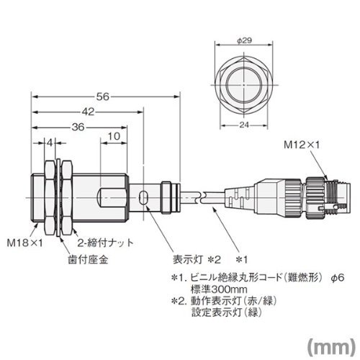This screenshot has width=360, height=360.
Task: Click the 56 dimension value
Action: click(102, 96)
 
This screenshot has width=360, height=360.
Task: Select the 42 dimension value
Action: click(88, 112)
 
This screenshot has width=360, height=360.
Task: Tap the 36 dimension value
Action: click(78, 127)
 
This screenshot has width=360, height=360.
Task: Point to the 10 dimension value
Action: click(114, 136)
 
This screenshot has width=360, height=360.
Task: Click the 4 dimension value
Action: click(50, 143)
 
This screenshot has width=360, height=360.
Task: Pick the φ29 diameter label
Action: click(245, 40)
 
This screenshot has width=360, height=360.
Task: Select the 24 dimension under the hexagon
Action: click(244, 125)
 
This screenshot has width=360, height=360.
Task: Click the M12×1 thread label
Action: click(302, 145)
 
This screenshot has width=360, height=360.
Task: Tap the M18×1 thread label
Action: click(24, 243)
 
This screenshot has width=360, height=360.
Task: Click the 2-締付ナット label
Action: click(105, 243)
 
